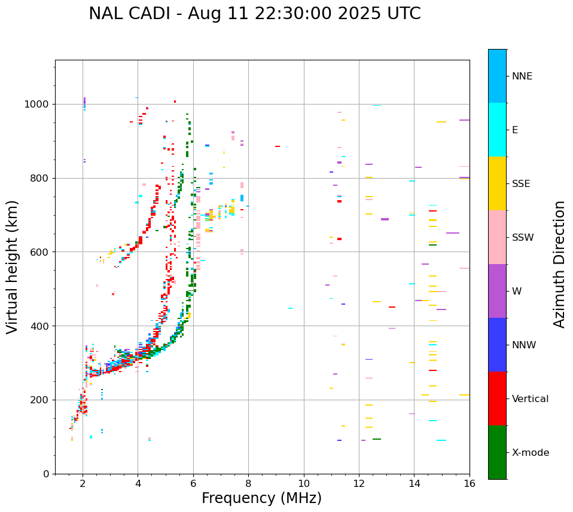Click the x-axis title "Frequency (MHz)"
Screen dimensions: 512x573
(x=261, y=498)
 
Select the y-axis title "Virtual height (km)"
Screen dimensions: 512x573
(x=13, y=266)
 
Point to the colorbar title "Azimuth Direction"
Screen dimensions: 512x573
(x=559, y=264)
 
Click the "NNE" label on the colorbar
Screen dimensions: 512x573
(x=522, y=76)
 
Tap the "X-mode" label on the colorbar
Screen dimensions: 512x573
(x=530, y=453)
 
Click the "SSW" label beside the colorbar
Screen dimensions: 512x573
(x=523, y=238)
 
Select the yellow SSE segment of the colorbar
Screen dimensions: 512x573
(x=497, y=183)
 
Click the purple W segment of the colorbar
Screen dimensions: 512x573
(x=497, y=291)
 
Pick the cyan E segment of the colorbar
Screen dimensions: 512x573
(x=497, y=130)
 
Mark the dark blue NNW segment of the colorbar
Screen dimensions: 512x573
(x=497, y=345)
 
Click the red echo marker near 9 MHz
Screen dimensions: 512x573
(x=278, y=146)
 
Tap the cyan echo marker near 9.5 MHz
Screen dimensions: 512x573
(x=290, y=308)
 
